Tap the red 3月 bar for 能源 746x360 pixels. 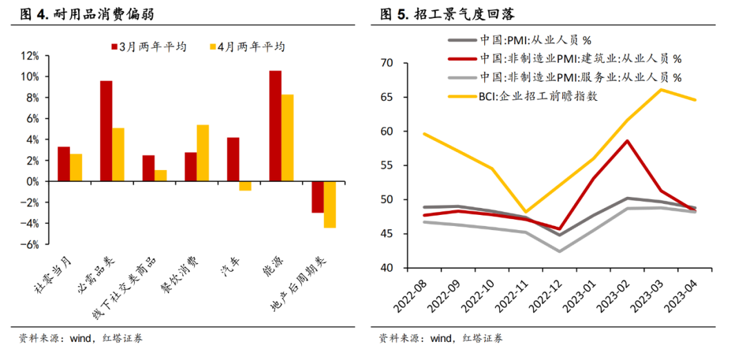275,126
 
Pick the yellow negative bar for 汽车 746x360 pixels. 245,186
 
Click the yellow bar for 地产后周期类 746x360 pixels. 329,205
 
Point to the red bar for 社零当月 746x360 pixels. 64,164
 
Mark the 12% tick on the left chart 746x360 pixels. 30,55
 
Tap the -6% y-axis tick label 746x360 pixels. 30,245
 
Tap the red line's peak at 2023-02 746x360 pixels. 627,141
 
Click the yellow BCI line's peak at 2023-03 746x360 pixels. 661,90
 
